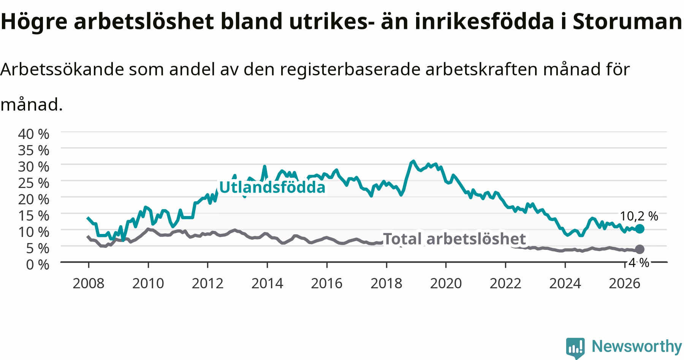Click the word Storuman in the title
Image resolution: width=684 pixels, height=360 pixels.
pyautogui.click(x=627, y=22)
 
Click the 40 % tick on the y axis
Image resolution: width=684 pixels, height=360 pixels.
pyautogui.click(x=33, y=134)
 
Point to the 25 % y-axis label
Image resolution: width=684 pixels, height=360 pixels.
pyautogui.click(x=33, y=183)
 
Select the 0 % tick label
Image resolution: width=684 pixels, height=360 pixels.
pyautogui.click(x=38, y=264)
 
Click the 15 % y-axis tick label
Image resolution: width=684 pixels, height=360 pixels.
pyautogui.click(x=33, y=215)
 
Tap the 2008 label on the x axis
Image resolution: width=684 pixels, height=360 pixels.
pyautogui.click(x=89, y=283)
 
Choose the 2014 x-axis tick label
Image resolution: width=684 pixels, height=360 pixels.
pyautogui.click(x=267, y=283)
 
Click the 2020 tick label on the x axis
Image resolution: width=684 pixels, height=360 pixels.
pyautogui.click(x=446, y=283)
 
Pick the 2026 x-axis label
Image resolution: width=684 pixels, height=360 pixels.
pyautogui.click(x=624, y=283)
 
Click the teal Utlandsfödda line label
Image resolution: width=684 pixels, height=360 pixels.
pyautogui.click(x=272, y=187)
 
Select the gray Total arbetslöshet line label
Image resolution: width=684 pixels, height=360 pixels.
pyautogui.click(x=454, y=239)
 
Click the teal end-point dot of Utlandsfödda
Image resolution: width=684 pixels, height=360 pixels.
pyautogui.click(x=640, y=229)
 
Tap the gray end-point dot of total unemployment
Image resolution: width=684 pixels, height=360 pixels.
pyautogui.click(x=640, y=249)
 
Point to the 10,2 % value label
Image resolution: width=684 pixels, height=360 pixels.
pyautogui.click(x=639, y=216)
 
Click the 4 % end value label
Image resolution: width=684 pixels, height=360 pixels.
pyautogui.click(x=639, y=262)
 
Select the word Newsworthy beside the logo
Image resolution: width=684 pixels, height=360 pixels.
pyautogui.click(x=637, y=347)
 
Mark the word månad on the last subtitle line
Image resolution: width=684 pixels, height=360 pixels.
pyautogui.click(x=31, y=104)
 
